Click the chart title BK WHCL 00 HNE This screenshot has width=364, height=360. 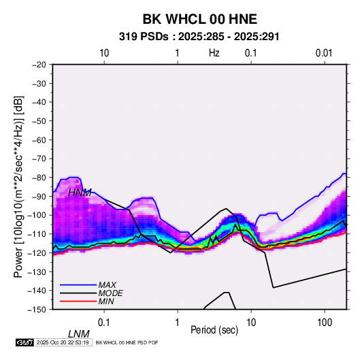(199, 19)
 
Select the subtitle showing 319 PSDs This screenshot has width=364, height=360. (199, 37)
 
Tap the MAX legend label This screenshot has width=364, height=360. (107, 284)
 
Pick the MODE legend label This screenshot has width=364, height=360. (110, 293)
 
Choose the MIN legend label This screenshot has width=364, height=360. (106, 301)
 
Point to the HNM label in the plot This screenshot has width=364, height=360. (80, 193)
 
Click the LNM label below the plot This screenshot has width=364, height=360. (79, 334)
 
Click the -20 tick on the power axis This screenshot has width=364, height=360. (39, 65)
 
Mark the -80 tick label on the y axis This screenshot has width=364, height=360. (39, 178)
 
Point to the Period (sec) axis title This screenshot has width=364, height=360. (214, 330)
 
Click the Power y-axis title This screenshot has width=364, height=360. (18, 186)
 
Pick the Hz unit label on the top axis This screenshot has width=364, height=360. (214, 53)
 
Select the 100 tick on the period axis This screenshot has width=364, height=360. (325, 323)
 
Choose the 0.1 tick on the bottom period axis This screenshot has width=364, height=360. (104, 323)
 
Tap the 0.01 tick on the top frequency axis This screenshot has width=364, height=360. (324, 53)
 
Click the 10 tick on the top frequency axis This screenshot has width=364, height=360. (104, 53)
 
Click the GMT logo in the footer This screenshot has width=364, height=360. (25, 342)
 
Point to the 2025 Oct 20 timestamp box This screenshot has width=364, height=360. (63, 342)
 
